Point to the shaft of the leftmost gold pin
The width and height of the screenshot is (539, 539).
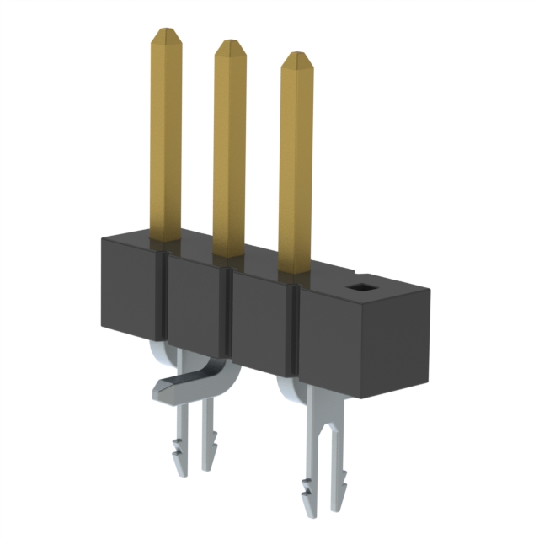click(x=166, y=135)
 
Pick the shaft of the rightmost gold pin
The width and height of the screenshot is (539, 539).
click(x=296, y=168)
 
